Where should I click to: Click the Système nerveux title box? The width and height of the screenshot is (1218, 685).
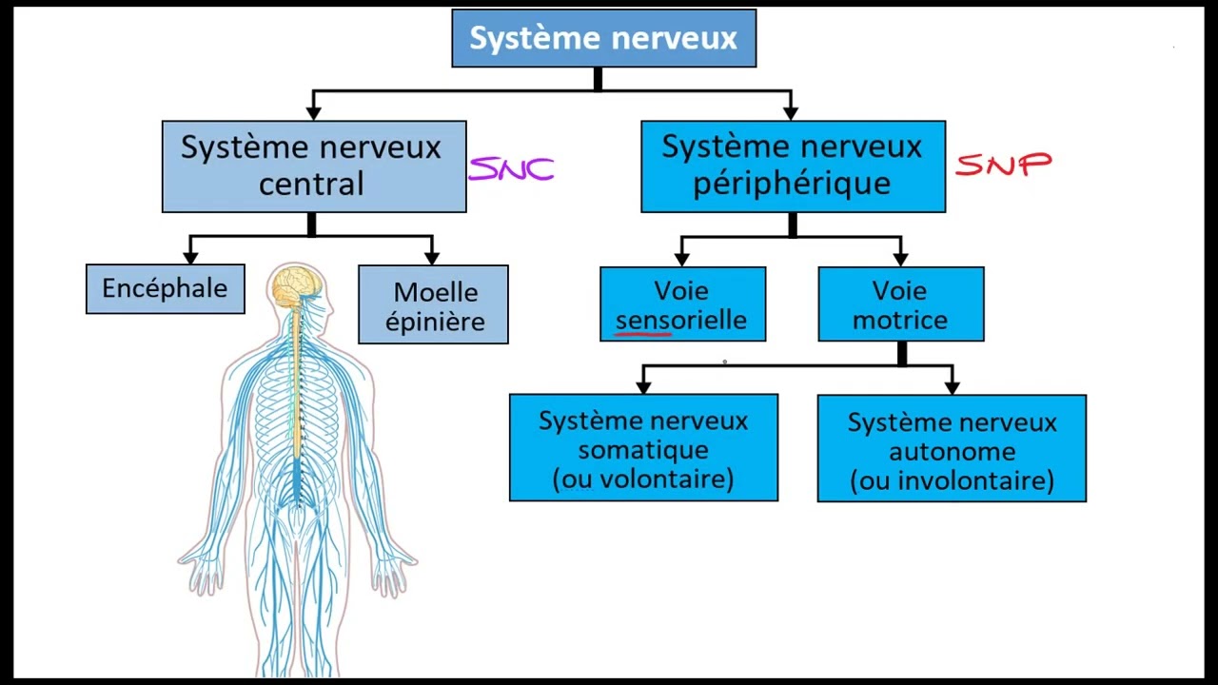click(x=603, y=38)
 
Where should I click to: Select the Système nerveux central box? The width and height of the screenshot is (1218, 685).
click(x=313, y=166)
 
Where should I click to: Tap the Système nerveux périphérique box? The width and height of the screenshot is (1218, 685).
click(x=793, y=166)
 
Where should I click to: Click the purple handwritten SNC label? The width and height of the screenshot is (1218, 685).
click(x=512, y=169)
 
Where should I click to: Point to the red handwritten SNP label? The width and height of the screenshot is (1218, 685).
click(x=1003, y=166)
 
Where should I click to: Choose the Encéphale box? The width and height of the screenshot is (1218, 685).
click(x=165, y=288)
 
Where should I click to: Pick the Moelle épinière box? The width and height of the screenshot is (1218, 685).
click(x=433, y=304)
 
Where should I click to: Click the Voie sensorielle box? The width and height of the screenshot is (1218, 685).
click(x=682, y=303)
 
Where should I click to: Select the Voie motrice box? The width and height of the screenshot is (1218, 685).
click(x=900, y=303)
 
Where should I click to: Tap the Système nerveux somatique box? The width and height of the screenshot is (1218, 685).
click(x=643, y=447)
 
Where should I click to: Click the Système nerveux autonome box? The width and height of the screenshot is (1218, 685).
click(x=952, y=448)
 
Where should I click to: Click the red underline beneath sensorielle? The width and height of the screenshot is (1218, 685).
click(x=644, y=334)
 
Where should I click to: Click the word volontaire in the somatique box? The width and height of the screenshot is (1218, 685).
click(x=659, y=479)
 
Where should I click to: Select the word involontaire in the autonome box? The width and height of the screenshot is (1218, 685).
click(x=969, y=480)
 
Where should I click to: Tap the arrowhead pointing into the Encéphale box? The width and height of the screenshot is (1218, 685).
click(x=190, y=257)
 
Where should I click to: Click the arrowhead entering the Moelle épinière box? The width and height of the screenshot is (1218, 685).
click(x=432, y=258)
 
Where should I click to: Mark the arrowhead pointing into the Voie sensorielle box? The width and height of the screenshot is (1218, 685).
click(x=681, y=259)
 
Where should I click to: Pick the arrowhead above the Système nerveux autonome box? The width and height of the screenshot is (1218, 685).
click(x=952, y=387)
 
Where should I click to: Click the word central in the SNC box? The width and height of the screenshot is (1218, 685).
click(x=311, y=184)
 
